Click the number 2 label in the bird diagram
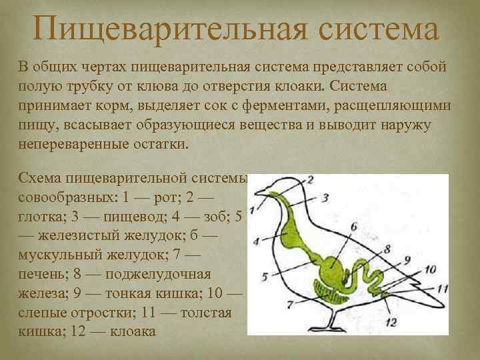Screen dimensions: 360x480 (x=311, y=179)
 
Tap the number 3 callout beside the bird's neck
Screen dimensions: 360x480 (x=325, y=197)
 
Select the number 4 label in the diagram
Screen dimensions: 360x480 (x=257, y=240)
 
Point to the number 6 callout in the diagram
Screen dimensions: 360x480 (x=354, y=226)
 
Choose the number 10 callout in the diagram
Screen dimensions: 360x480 (x=429, y=269)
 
